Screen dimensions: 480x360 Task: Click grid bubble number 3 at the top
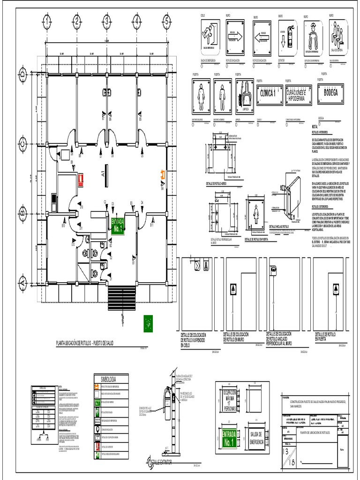(106, 21)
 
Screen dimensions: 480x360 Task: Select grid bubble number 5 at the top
(166, 21)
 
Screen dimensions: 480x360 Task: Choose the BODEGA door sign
(330, 92)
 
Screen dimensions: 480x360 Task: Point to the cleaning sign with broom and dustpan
(244, 97)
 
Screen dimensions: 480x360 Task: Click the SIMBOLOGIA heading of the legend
(105, 379)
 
